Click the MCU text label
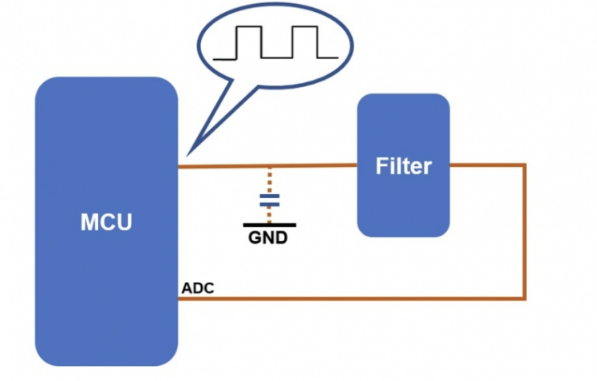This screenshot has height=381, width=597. pyautogui.click(x=106, y=222)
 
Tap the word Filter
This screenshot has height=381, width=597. pyautogui.click(x=403, y=166)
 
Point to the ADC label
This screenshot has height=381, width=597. pyautogui.click(x=197, y=288)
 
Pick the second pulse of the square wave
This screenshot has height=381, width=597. pyautogui.click(x=305, y=42)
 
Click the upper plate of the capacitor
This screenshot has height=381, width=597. pyautogui.click(x=270, y=196)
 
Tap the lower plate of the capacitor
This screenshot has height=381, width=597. pyautogui.click(x=270, y=204)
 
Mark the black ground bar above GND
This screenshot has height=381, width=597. pyautogui.click(x=270, y=225)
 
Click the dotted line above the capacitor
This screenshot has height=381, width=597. pyautogui.click(x=270, y=180)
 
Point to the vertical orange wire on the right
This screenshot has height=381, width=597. pyautogui.click(x=524, y=232)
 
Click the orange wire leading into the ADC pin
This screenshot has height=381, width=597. pyautogui.click(x=351, y=299)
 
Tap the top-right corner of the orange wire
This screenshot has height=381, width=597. pyautogui.click(x=524, y=165)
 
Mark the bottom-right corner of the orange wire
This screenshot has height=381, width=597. pyautogui.click(x=524, y=299)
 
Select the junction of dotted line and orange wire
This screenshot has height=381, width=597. pyautogui.click(x=270, y=166)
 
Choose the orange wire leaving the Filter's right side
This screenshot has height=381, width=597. pyautogui.click(x=487, y=165)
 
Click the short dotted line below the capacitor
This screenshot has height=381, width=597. pyautogui.click(x=270, y=214)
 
